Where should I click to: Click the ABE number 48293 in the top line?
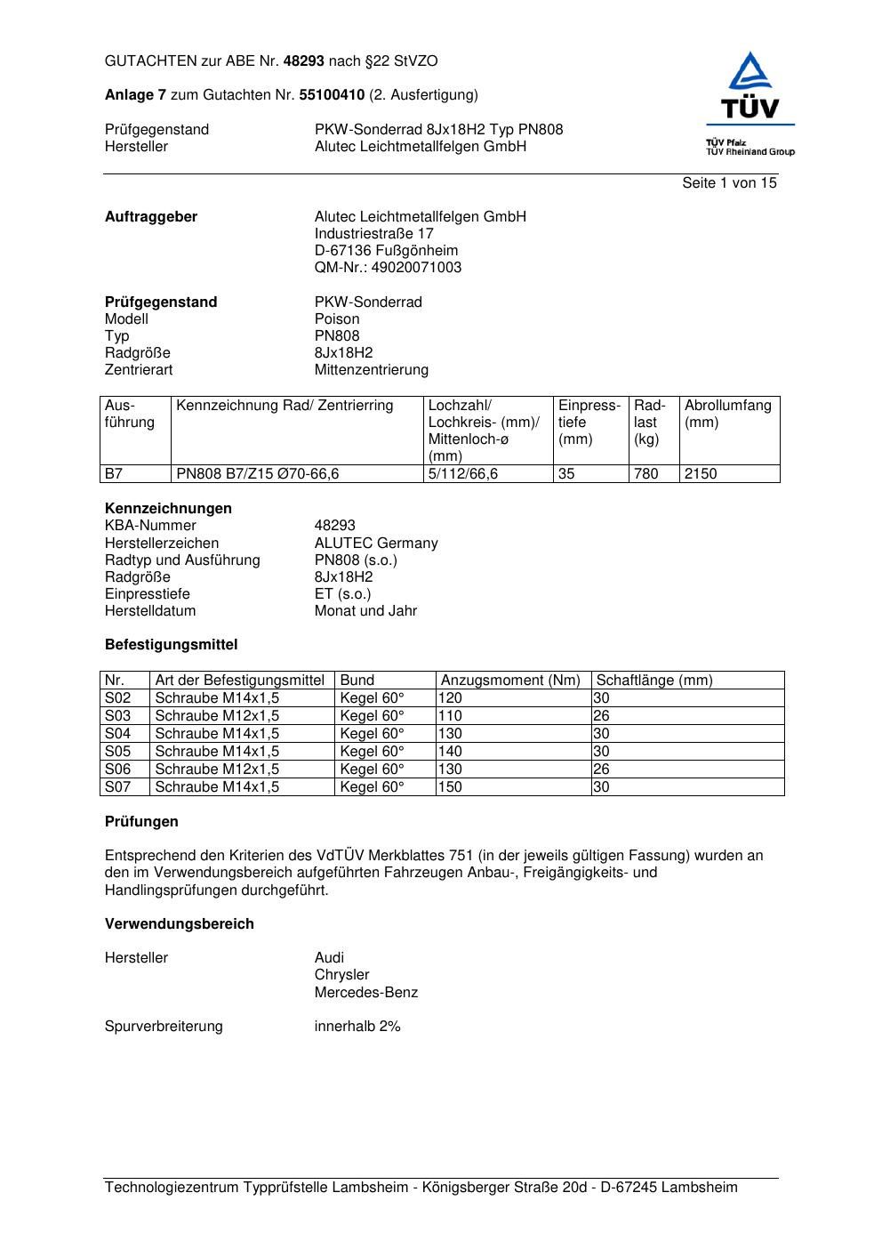[304, 61]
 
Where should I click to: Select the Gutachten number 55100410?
[332, 94]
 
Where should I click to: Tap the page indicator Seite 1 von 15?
[729, 182]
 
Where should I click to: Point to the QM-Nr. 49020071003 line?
[388, 267]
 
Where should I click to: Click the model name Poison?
[337, 318]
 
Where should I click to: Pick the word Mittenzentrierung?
[371, 369]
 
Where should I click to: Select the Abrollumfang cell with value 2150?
[701, 473]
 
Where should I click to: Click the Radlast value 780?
[646, 473]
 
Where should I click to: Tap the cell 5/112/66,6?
[462, 473]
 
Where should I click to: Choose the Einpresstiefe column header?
[589, 422]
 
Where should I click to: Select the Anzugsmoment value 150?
[450, 786]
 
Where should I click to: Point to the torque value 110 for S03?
[450, 715]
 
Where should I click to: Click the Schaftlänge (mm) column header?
[654, 680]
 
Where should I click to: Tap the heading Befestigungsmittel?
[172, 644]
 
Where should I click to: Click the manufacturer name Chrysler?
[341, 974]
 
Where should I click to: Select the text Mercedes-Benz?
[365, 992]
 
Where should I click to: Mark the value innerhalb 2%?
[357, 1026]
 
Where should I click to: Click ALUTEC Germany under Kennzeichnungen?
[376, 543]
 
